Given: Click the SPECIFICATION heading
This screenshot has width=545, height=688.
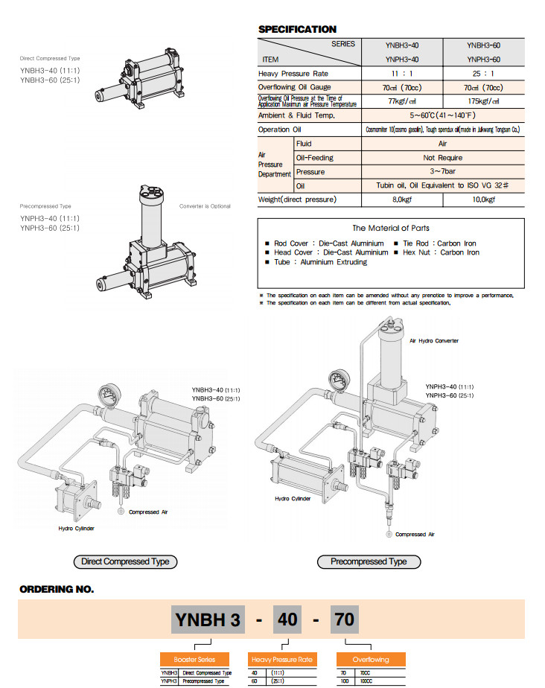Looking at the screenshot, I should click(x=297, y=30).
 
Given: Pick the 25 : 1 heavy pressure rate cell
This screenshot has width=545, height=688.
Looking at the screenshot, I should click(x=483, y=74).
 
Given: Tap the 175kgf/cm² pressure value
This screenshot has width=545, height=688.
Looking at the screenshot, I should click(x=483, y=101).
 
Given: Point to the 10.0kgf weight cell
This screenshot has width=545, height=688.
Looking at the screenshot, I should click(x=483, y=200).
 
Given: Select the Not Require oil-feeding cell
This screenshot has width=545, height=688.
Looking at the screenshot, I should click(x=443, y=158).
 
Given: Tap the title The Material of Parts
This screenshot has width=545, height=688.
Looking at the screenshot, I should click(x=391, y=228).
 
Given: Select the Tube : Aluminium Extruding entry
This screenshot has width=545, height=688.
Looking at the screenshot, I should click(x=320, y=262).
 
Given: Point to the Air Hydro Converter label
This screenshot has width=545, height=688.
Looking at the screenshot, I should click(x=434, y=340).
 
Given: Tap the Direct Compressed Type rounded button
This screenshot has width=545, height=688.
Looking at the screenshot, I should click(x=125, y=561).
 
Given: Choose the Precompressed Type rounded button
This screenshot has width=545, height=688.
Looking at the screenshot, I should click(x=369, y=561).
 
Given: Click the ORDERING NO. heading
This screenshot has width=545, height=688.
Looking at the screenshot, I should click(x=57, y=589).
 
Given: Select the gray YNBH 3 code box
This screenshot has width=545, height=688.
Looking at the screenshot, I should click(x=207, y=619).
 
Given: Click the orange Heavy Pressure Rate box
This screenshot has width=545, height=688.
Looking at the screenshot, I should click(x=283, y=660).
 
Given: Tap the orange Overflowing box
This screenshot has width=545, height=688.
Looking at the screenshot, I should click(x=371, y=660).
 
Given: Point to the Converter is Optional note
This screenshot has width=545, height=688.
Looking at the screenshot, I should click(x=205, y=206).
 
